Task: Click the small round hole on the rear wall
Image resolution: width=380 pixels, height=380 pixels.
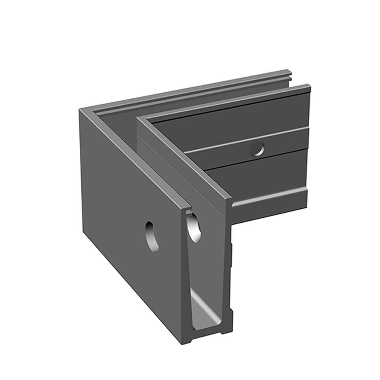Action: pos(258,150)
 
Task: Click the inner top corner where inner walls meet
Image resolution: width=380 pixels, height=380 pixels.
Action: pos(142,119)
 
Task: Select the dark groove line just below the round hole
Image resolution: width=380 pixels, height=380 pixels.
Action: pos(258,160)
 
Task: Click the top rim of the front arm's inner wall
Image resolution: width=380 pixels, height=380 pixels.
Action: pos(182,160)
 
